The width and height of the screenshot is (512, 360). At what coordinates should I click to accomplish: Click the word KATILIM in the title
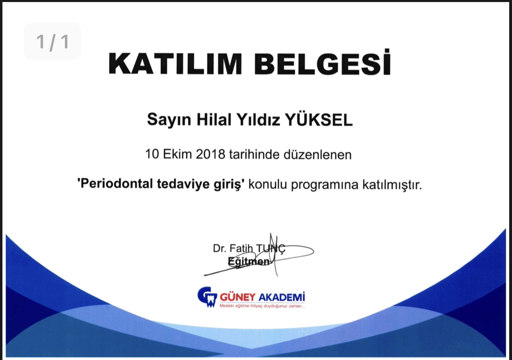pos(175,63)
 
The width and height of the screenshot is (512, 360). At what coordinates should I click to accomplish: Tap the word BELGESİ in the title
pos(323,62)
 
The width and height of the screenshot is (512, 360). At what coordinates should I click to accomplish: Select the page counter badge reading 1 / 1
pos(53,42)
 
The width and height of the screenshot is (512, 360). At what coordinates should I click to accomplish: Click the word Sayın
pos(169,120)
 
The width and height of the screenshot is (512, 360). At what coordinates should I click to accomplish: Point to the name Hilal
pos(214,119)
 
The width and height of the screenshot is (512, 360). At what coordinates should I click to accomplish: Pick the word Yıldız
pos(258,119)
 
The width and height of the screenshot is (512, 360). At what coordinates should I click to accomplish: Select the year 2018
pos(211,154)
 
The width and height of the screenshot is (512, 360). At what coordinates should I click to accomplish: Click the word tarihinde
pos(254,154)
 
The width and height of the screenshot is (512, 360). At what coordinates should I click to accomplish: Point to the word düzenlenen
pos(317,154)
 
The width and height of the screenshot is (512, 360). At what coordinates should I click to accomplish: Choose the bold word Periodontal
pos(116,184)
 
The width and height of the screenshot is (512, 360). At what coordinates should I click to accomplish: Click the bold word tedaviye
pos(183,184)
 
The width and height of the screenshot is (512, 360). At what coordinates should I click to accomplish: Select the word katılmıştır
pos(392,184)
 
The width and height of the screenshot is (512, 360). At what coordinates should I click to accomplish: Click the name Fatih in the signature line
pos(241,248)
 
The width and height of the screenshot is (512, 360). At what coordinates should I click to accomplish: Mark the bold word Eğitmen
pos(249,261)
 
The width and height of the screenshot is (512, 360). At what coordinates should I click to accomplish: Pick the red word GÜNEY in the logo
pos(238,297)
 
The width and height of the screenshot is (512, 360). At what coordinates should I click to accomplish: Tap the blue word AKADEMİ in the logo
pos(282,297)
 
